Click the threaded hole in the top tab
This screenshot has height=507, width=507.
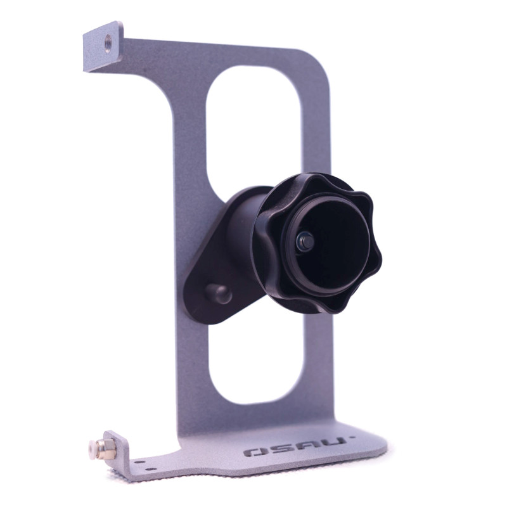click(x=108, y=41)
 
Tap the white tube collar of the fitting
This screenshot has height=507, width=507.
click(x=92, y=448)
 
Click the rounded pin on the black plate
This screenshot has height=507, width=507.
click(x=219, y=293)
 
